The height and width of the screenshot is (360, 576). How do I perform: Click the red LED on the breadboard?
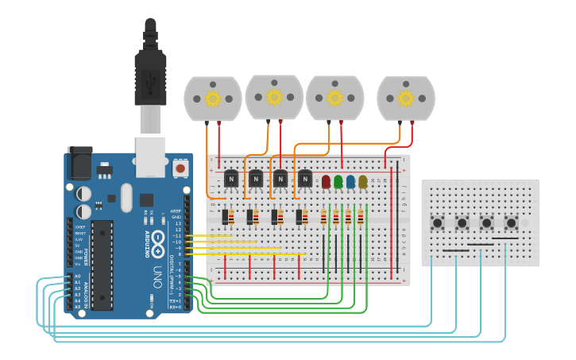pos(326,182)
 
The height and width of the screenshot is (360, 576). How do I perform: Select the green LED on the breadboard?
pos(338,182)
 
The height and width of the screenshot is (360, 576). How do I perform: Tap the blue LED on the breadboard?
pos(350,182)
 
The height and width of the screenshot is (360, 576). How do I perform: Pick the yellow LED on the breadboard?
pos(363,182)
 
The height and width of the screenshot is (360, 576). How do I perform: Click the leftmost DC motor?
pos(212,99)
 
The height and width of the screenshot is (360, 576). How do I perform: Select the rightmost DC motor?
pos(406,98)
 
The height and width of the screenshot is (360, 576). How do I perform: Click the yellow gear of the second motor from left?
pos(274,97)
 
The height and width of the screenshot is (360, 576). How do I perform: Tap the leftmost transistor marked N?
pos(231,180)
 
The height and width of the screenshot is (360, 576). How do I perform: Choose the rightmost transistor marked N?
pos(305,180)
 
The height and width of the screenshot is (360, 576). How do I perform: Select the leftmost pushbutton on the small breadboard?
pos(437,223)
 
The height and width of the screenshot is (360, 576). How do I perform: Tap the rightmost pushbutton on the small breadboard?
pos(512,223)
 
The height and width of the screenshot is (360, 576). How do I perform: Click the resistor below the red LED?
pos(323,217)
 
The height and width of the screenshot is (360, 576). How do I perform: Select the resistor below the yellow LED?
pos(361,217)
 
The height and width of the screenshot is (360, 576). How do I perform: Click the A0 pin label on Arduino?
pos(77,276)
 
